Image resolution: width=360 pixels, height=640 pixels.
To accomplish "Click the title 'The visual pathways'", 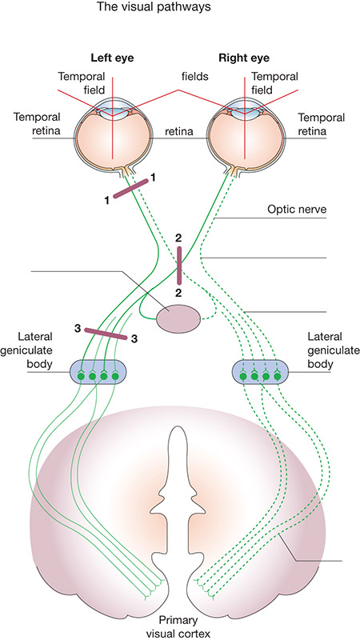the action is (x=154, y=7).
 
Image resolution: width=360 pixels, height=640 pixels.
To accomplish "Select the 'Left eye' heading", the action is (x=112, y=58).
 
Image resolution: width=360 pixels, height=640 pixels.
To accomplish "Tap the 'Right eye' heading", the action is (x=244, y=58).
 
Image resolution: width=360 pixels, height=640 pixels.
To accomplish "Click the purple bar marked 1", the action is (x=130, y=188).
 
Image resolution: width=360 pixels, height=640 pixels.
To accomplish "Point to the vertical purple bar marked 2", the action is (x=178, y=266).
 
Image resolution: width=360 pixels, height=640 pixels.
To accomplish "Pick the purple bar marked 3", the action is (x=106, y=334).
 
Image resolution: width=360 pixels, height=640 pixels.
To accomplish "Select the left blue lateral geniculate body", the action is (x=98, y=372).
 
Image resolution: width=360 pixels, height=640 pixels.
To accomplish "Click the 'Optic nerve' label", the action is (x=297, y=210).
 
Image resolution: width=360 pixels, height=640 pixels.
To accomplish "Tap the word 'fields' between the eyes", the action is (x=195, y=76).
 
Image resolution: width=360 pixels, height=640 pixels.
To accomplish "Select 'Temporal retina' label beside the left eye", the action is (x=37, y=124).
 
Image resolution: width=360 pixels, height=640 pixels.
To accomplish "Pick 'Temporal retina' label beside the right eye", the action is (x=322, y=124).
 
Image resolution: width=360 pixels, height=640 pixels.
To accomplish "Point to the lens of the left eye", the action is (x=112, y=109).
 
